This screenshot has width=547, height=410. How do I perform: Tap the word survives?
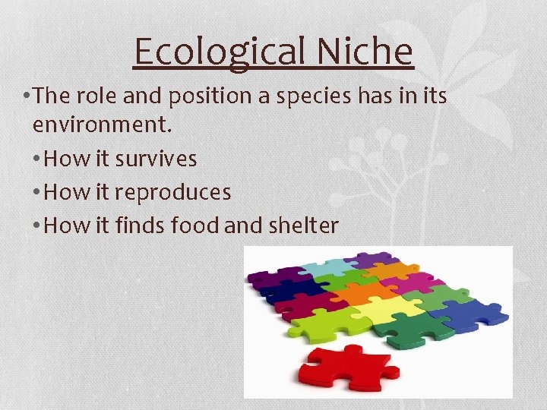[156, 159]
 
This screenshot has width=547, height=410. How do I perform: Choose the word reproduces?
[172, 193]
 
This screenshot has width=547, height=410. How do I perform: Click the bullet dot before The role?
[27, 96]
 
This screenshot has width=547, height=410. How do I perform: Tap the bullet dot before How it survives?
[38, 159]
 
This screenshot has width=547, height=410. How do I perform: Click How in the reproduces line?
[61, 192]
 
